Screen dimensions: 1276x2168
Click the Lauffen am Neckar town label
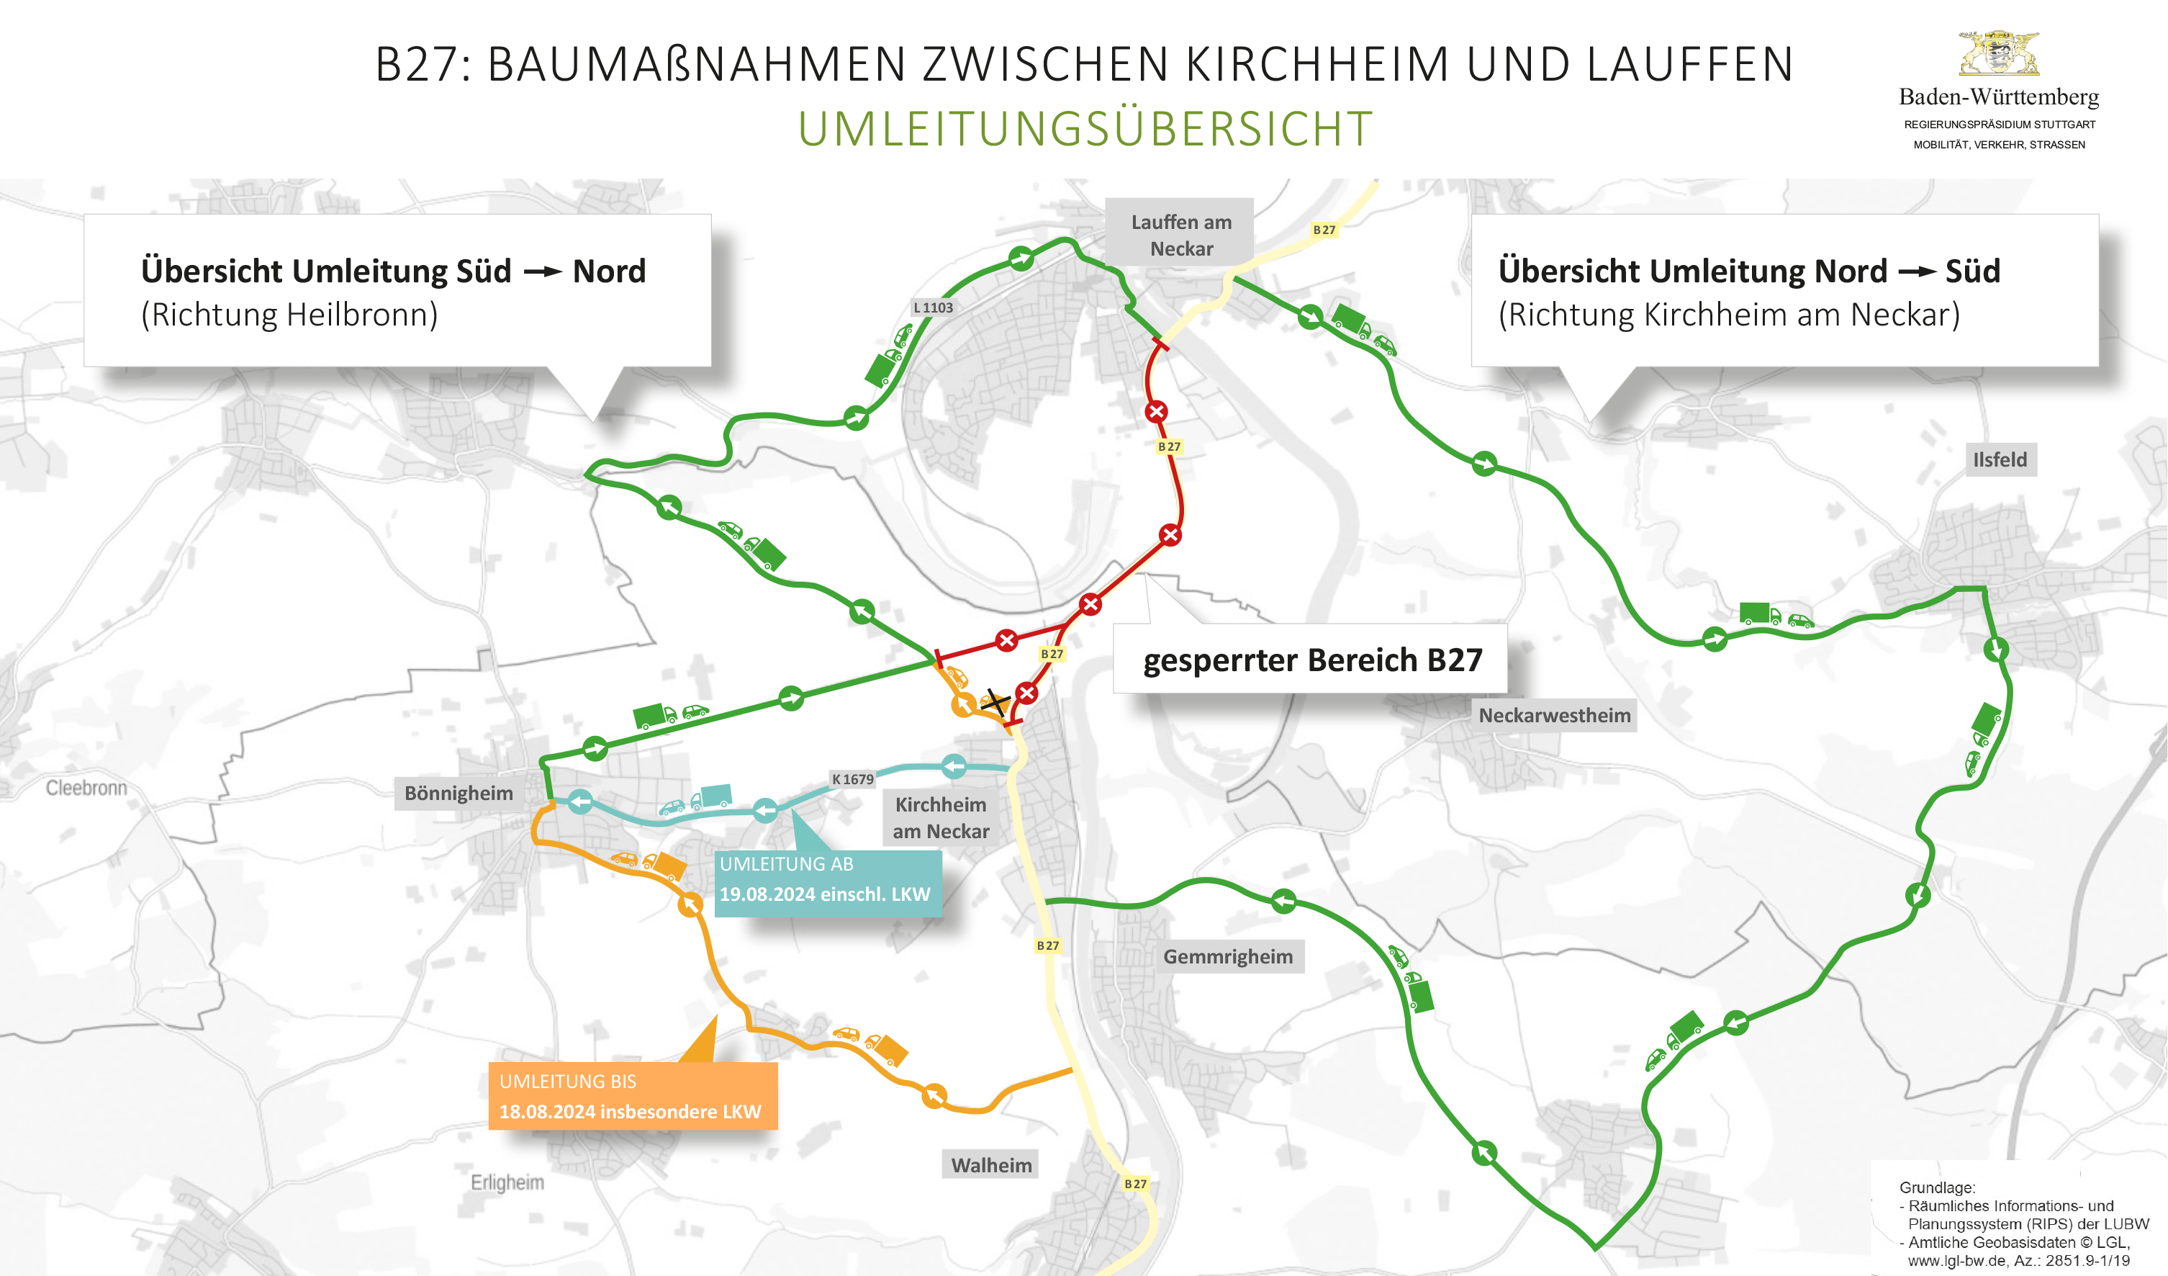pyautogui.click(x=1180, y=235)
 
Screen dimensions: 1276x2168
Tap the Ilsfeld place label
pyautogui.click(x=2000, y=459)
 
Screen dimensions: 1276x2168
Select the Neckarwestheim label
pyautogui.click(x=1554, y=715)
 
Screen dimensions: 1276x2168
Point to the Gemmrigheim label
pyautogui.click(x=1228, y=957)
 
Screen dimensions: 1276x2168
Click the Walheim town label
pyautogui.click(x=991, y=1165)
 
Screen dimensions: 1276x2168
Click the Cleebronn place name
pyautogui.click(x=86, y=787)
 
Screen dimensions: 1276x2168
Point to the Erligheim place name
pyautogui.click(x=507, y=1182)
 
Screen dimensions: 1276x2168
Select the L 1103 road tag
pyautogui.click(x=933, y=307)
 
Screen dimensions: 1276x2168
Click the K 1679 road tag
pyautogui.click(x=852, y=778)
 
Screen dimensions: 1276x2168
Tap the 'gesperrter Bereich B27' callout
pyautogui.click(x=1312, y=660)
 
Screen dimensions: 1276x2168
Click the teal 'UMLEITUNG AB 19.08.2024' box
pyautogui.click(x=826, y=880)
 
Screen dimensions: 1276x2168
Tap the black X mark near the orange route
pyautogui.click(x=996, y=701)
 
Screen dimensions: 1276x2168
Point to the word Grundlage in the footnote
pyautogui.click(x=1936, y=1187)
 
